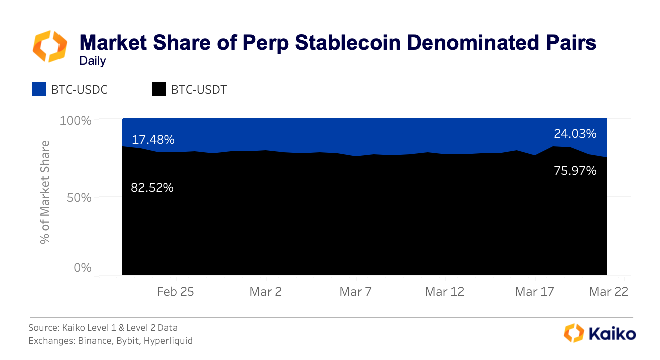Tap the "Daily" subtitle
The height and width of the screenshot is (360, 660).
[93, 61]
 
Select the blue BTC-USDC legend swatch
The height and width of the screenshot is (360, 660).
[39, 90]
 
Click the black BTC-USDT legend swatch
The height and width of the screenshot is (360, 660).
[158, 90]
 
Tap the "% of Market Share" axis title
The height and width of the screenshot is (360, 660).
[46, 192]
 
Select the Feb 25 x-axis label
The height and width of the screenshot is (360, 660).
[175, 292]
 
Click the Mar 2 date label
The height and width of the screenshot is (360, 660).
[265, 292]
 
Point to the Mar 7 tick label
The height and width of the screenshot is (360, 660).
[355, 292]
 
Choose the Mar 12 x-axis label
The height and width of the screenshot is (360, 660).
[444, 292]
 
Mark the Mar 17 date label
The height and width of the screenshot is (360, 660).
[534, 292]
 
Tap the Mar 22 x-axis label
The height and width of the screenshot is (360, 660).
[608, 292]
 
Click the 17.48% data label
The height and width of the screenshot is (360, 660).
[153, 140]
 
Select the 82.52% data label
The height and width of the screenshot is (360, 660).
[152, 188]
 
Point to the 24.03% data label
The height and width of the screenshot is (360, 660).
[575, 134]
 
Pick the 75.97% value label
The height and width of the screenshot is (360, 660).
[575, 171]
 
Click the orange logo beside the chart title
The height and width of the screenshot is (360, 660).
[50, 45]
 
